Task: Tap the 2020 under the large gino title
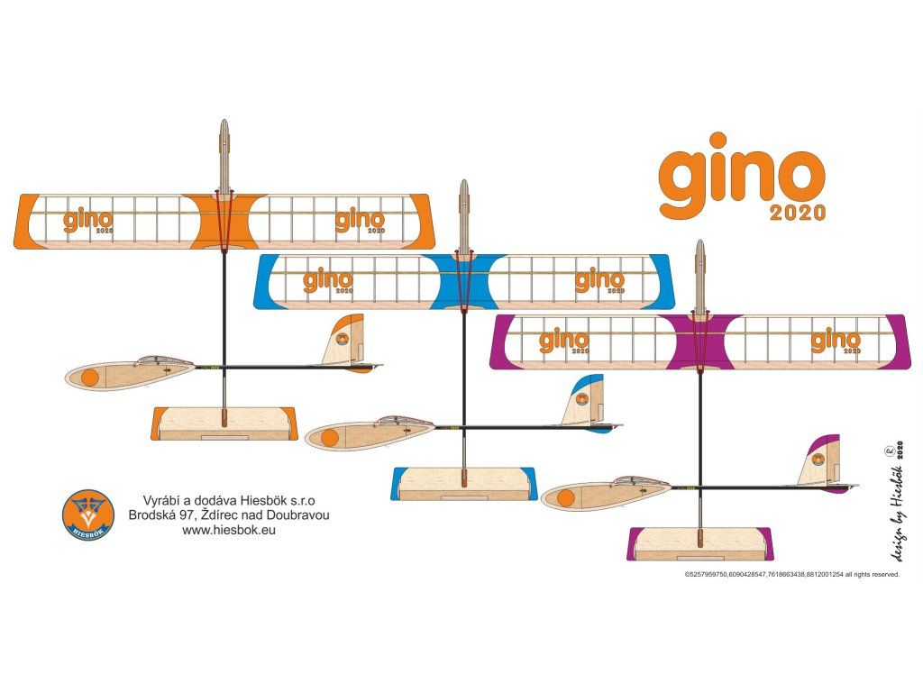pyautogui.click(x=798, y=213)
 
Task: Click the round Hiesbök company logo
pyautogui.click(x=88, y=514)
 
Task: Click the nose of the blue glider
pyautogui.click(x=464, y=196)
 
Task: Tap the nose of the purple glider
pyautogui.click(x=700, y=257)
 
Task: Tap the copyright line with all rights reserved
pyautogui.click(x=791, y=574)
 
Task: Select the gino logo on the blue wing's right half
pyautogui.click(x=600, y=281)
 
